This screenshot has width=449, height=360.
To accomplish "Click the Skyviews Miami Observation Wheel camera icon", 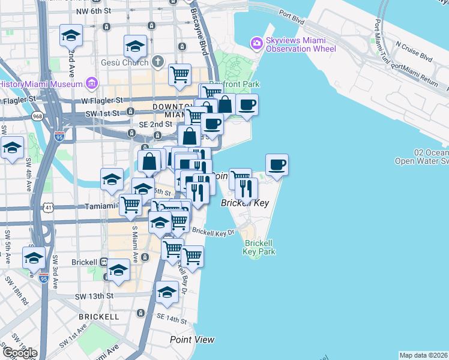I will (257, 43).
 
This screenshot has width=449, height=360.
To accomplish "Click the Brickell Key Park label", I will (259, 247).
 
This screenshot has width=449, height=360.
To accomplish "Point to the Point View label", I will (192, 340).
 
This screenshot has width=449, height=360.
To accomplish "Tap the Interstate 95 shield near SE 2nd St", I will (59, 136).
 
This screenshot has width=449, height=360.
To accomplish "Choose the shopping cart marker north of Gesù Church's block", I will (179, 74).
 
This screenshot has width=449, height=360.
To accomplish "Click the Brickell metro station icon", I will (104, 262).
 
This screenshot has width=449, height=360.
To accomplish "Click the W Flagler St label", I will (102, 100).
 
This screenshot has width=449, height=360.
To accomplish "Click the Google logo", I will (20, 352).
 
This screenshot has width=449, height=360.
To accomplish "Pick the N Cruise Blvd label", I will (414, 51).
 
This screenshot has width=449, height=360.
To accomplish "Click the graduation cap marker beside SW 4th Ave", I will (12, 148).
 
